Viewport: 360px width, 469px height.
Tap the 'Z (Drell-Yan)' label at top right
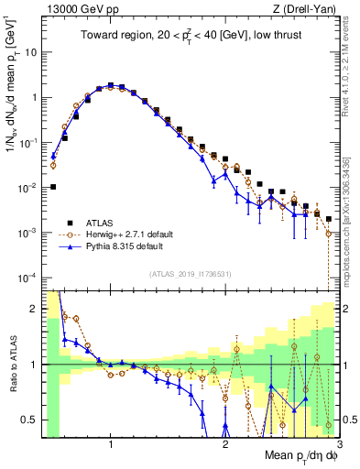307,10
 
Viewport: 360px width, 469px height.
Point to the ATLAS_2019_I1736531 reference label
190,274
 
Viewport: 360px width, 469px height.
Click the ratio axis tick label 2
32,309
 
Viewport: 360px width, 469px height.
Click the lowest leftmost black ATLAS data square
53,187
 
